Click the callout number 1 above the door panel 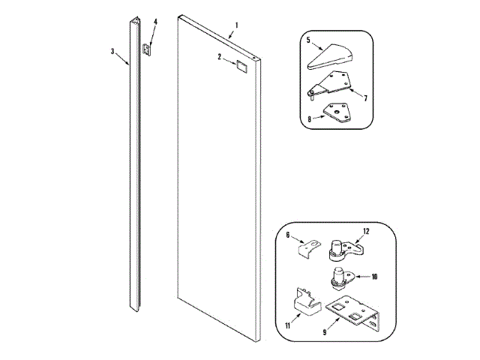(x=236, y=25)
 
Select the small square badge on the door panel (x=241, y=66)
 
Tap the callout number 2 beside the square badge (x=220, y=57)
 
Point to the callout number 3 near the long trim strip (x=112, y=52)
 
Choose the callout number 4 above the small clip (x=155, y=22)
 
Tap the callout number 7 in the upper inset (x=364, y=97)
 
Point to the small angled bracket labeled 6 (x=309, y=247)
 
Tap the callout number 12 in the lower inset (x=367, y=231)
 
